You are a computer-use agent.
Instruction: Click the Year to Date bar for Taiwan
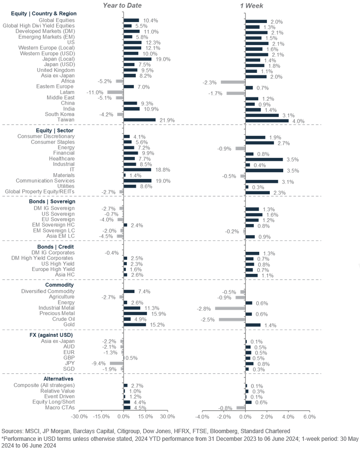coord(140,120)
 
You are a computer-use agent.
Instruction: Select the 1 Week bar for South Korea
coord(262,115)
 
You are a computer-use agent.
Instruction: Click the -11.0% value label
coord(95,92)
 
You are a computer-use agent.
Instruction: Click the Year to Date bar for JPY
coord(117,364)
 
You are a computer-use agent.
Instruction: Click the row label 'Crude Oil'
coord(63,319)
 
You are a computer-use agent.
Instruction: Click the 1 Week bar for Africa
coord(233,82)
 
